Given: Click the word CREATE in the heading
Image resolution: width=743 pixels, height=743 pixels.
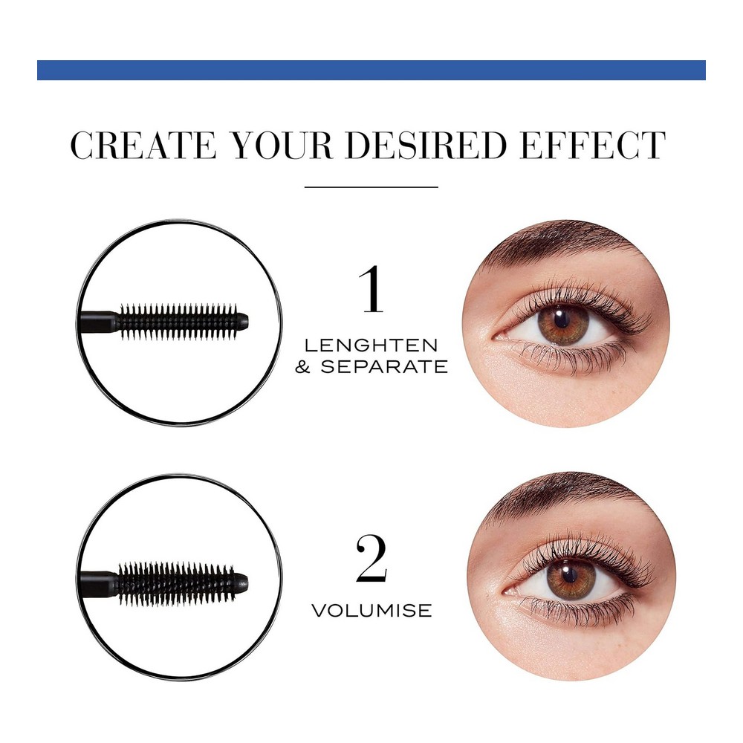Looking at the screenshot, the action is point(143,145).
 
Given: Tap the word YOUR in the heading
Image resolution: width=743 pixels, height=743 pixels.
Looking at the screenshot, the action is point(282,145).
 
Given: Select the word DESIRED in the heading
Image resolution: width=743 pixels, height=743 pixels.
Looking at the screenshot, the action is point(426,145).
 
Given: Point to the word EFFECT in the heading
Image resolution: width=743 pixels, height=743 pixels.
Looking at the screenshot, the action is point(592,145).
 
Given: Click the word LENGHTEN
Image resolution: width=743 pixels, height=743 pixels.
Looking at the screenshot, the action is point(371,345).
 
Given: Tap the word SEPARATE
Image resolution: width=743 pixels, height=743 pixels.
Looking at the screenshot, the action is point(384,366).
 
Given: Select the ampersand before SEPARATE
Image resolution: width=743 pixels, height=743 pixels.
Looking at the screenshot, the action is point(303,366).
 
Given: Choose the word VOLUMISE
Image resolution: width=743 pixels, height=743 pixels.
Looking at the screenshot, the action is point(372,610).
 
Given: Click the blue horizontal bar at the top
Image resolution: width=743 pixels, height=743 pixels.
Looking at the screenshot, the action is point(371,70).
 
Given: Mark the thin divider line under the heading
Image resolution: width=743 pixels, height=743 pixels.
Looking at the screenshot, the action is point(371,187).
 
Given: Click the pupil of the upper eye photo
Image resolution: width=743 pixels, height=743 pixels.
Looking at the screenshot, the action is point(562,320).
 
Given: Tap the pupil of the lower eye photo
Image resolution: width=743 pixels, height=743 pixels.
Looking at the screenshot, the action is point(570,575).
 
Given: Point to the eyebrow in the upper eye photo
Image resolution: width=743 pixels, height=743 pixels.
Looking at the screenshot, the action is point(559,247).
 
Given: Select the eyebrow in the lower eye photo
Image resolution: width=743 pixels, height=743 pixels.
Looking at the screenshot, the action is point(564,500).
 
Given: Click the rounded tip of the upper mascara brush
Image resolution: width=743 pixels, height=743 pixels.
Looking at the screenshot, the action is point(243,321).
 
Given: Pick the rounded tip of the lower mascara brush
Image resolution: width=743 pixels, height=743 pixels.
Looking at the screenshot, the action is point(241,581).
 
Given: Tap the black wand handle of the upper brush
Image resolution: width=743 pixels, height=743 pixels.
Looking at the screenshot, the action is point(97,322).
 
